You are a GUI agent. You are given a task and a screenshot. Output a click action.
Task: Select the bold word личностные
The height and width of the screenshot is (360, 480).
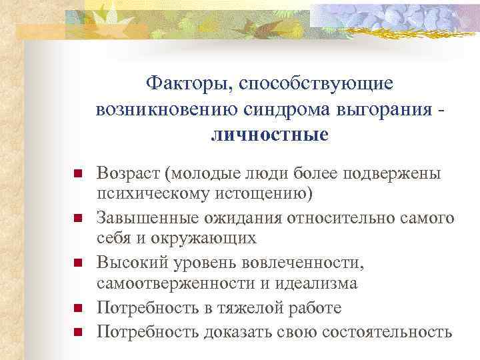coord(269,135)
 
